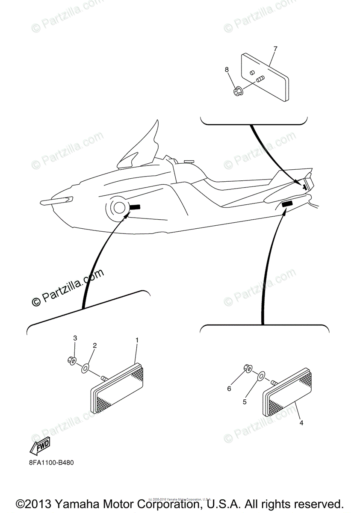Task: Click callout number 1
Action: [x=137, y=340]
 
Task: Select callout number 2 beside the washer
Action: [x=95, y=345]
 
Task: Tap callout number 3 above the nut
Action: [x=75, y=338]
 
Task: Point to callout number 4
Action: [x=301, y=423]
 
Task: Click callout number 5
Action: [x=245, y=402]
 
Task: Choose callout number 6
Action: [x=229, y=389]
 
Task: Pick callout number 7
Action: [x=275, y=49]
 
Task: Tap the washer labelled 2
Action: [x=86, y=367]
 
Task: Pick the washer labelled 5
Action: [x=260, y=377]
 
